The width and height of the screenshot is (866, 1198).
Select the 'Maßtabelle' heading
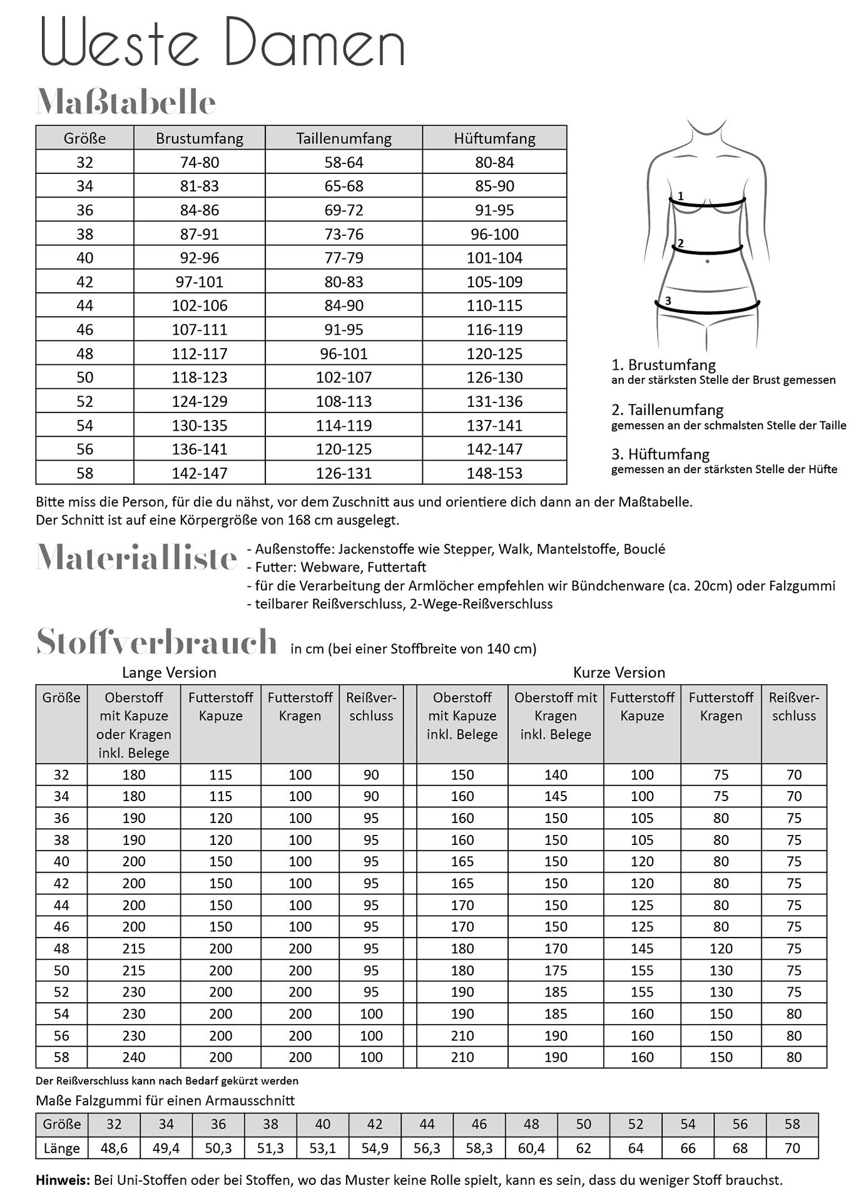pos(126,102)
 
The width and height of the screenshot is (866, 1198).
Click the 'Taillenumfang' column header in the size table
pos(344,138)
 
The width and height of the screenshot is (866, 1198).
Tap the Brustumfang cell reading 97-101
pos(199,282)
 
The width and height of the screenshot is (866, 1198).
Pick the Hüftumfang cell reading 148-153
pos(494,473)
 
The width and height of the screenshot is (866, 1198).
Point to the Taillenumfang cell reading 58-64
pos(344,163)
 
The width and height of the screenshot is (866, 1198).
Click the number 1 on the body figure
pos(681,196)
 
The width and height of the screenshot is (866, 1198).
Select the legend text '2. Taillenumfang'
pos(667,410)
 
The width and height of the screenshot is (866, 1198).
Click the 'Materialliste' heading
pos(137,557)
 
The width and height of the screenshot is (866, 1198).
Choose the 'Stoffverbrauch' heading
pos(156,642)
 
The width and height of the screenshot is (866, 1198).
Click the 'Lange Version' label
pos(169,673)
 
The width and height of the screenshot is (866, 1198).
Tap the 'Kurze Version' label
pos(619,673)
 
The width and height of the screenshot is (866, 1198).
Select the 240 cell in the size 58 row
pos(134,1057)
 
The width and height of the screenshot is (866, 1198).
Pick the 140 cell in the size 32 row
pos(556,775)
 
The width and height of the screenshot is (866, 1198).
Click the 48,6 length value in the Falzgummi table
pos(114,1149)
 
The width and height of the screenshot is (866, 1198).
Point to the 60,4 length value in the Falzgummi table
pos(531,1149)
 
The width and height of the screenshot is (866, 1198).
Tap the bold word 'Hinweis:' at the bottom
pos(63,1180)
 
